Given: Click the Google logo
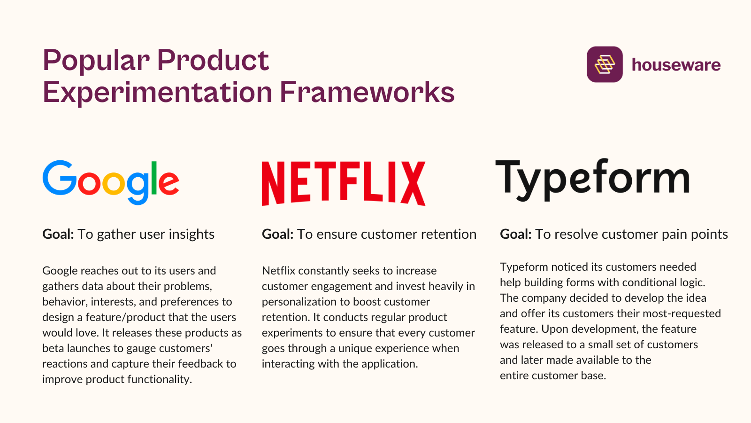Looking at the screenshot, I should click(x=111, y=182).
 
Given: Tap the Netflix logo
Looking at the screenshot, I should click(x=343, y=183).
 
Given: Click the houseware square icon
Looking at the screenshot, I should click(x=605, y=64).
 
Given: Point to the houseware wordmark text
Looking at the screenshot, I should click(x=676, y=65).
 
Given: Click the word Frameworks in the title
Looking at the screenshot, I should click(x=367, y=92).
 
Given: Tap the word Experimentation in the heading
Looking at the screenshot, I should click(x=157, y=92).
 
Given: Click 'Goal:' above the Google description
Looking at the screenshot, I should click(x=58, y=234).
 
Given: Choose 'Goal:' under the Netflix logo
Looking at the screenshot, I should click(x=277, y=234).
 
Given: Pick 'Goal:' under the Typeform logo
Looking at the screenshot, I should click(x=515, y=234).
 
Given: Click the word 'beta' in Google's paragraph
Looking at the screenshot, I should click(x=53, y=348).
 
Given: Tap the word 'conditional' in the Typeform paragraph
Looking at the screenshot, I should click(x=645, y=282).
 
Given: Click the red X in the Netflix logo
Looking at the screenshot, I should click(x=413, y=183).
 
